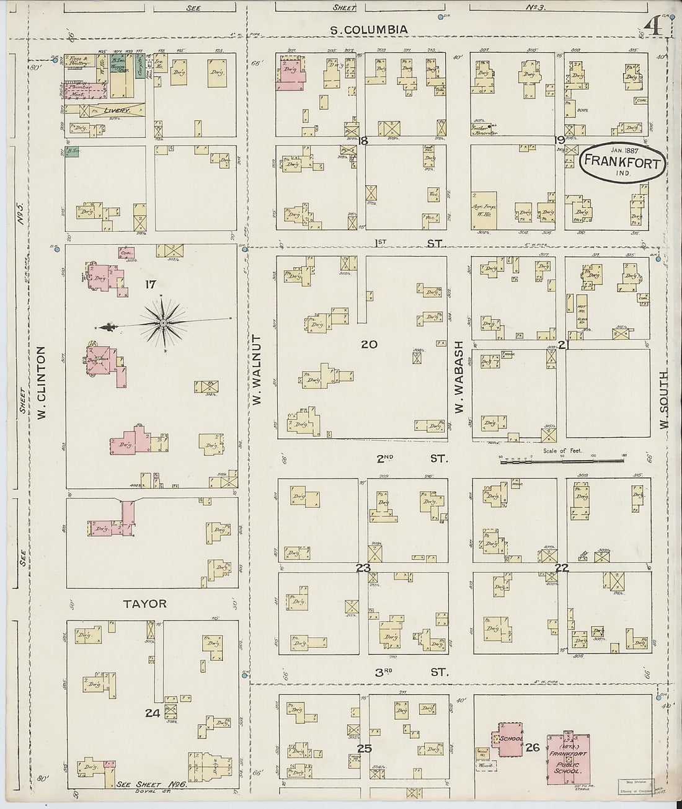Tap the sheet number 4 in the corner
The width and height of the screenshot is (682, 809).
point(652,27)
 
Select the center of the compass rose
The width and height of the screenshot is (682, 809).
point(163,322)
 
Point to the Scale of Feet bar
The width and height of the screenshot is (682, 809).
point(562,460)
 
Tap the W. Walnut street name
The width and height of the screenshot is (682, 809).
point(257,371)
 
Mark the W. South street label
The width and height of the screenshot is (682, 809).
point(663,400)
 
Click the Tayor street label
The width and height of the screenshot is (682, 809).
point(144,603)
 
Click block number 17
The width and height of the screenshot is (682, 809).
point(149,285)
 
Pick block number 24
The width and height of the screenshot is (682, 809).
point(153,714)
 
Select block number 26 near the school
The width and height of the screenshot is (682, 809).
point(531,748)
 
